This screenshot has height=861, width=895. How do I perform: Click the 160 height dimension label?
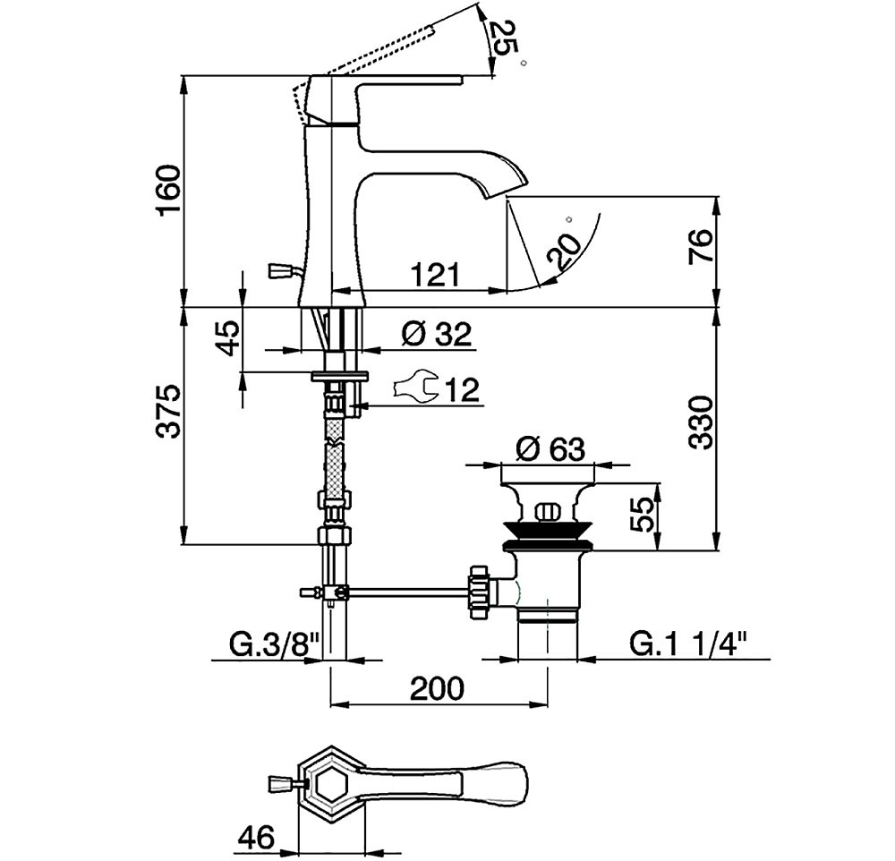[170, 189]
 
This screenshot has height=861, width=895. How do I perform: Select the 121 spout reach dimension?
[436, 275]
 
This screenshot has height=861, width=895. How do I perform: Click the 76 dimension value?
[701, 245]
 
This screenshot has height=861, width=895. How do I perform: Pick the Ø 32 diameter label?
[437, 334]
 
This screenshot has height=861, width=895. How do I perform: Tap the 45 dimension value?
[228, 338]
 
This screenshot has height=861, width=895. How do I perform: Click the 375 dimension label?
[169, 412]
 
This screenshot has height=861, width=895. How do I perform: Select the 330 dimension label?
[701, 422]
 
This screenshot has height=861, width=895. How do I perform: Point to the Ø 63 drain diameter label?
[550, 448]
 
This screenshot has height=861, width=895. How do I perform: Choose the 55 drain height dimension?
[644, 515]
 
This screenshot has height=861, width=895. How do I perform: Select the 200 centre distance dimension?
[438, 688]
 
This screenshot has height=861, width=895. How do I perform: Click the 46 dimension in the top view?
[257, 838]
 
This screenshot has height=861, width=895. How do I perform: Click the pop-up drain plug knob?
[548, 511]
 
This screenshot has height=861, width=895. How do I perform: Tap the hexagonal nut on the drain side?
[477, 592]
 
